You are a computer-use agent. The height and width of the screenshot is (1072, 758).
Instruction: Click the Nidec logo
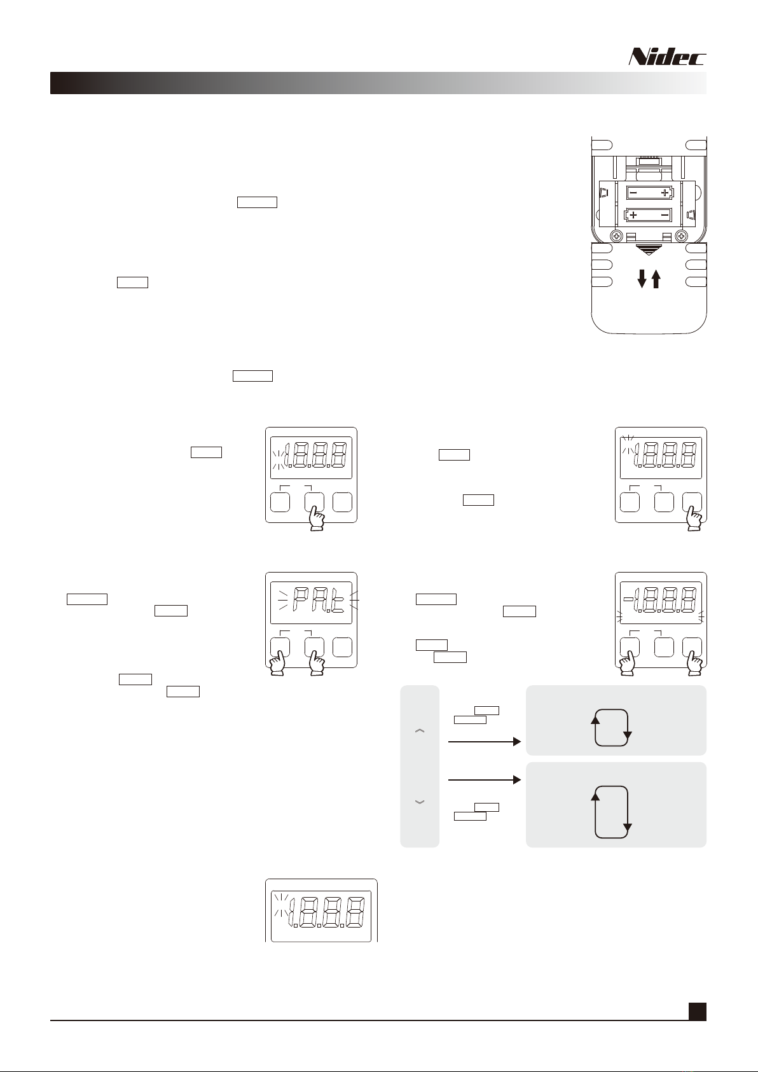click(667, 57)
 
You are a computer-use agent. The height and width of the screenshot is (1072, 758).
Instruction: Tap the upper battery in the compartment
click(649, 192)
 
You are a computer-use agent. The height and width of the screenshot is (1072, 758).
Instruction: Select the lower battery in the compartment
click(649, 215)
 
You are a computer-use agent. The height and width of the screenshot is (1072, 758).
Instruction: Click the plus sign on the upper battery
click(665, 192)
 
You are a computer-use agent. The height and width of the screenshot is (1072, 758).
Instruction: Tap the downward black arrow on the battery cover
click(642, 279)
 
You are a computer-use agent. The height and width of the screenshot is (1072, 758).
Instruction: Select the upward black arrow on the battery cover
click(656, 279)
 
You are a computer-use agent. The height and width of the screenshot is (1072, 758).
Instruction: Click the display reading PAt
click(311, 602)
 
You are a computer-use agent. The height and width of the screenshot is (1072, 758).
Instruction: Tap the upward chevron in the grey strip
click(420, 732)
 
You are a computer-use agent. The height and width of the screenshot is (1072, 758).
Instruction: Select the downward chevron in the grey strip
click(420, 802)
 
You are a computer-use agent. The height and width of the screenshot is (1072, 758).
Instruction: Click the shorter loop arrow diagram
click(611, 727)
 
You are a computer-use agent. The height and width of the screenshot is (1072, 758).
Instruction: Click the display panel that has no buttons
click(321, 915)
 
